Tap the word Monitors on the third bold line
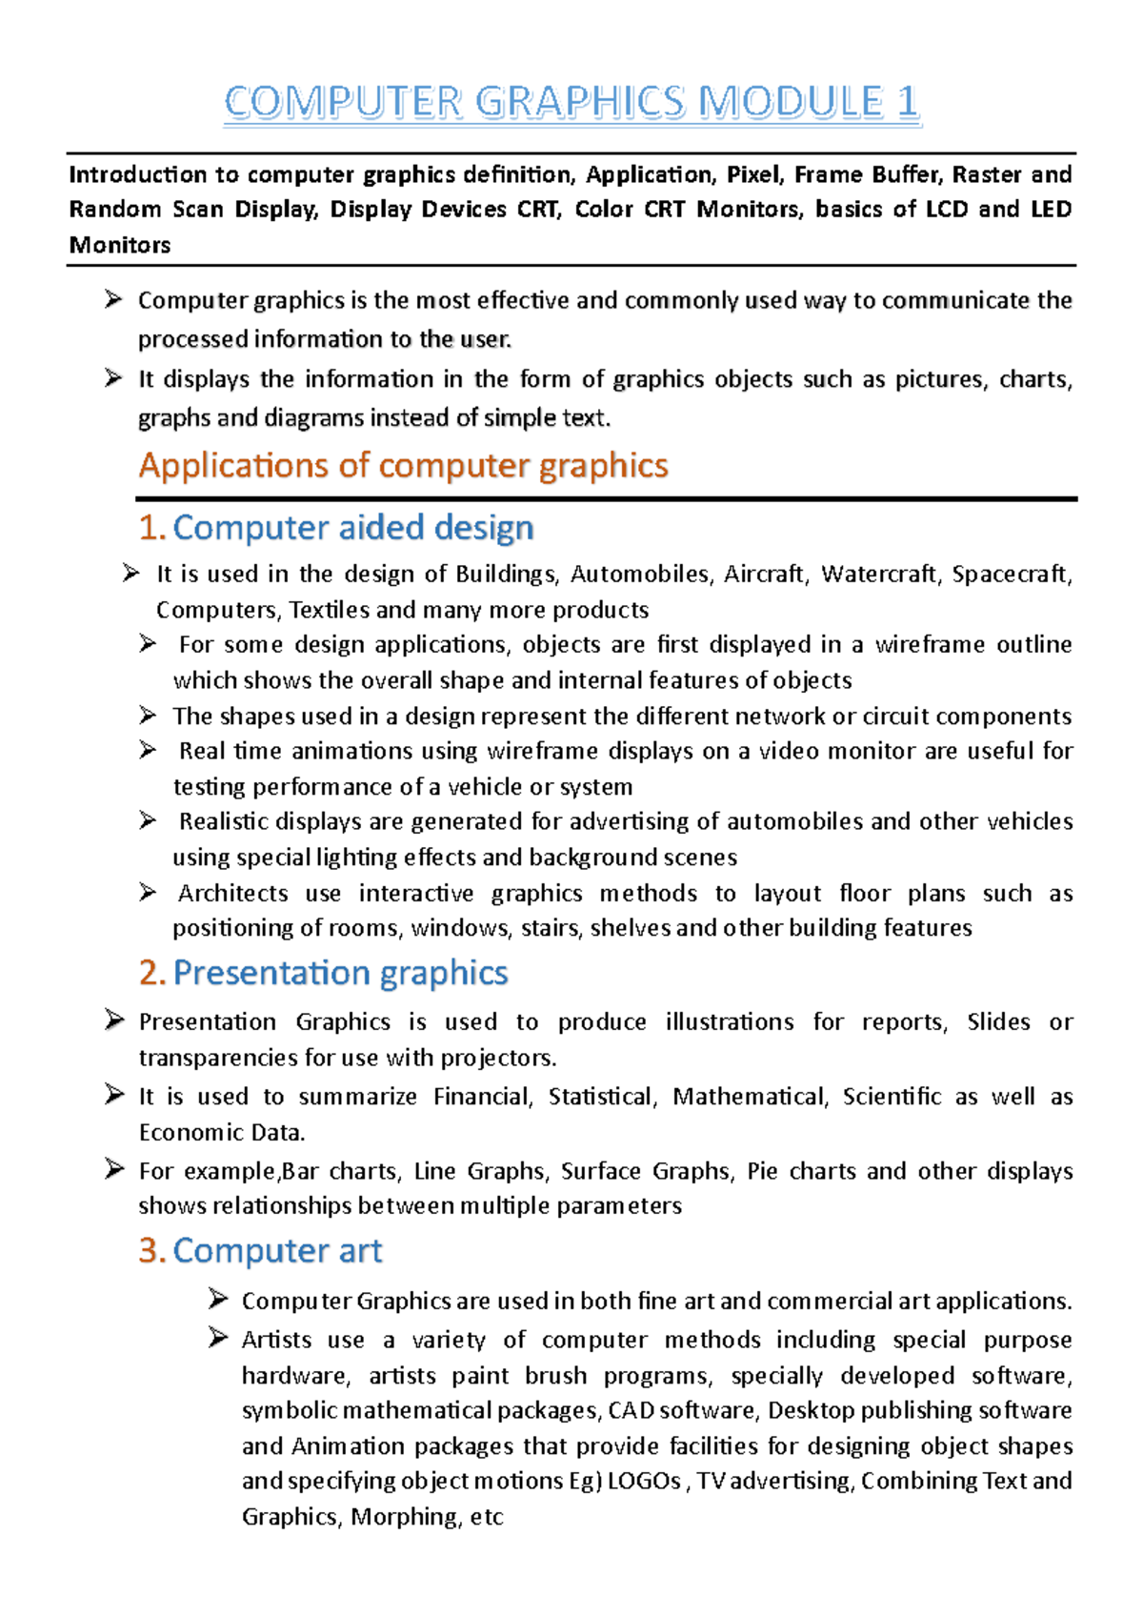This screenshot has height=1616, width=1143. coord(120,245)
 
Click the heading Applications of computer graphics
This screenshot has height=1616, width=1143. coord(403,466)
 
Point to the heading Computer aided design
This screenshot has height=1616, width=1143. coord(352,528)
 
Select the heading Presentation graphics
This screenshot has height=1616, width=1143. coord(340,973)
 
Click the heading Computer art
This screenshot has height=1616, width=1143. coord(277,1251)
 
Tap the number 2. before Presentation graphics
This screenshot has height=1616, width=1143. coord(151,973)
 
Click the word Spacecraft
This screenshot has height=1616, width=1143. coord(1011,575)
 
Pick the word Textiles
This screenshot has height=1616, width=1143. coord(329,610)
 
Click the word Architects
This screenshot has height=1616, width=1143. coord(233,894)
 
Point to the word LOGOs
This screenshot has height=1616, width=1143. coord(644,1482)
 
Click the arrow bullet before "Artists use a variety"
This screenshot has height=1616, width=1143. coord(217,1339)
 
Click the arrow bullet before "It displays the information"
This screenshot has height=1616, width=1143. coord(113,378)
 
